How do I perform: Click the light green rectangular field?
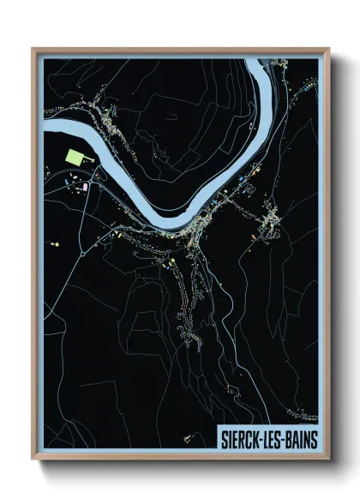pos(75,159)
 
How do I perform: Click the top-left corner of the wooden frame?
pos(33,48)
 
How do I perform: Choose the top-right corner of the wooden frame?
pos(328,48)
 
